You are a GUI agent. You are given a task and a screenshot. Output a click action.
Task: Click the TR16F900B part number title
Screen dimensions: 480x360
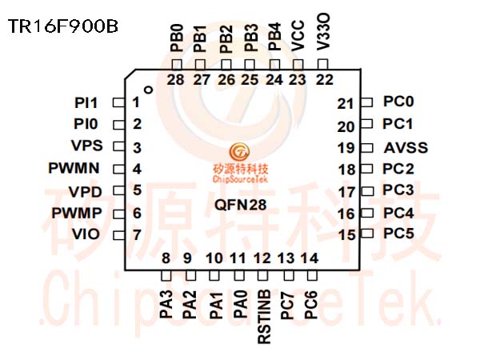coord(62,26)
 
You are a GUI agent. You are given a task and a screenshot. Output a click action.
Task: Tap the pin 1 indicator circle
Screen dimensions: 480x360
coord(149,90)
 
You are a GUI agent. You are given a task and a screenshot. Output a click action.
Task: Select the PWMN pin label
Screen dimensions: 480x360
coord(74,168)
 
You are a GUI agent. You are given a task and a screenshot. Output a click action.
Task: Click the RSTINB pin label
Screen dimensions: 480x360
coord(265,317)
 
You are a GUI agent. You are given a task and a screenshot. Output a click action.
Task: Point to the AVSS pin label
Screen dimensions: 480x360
coord(406,148)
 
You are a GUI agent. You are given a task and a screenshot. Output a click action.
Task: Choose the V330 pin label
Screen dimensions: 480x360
coord(323,31)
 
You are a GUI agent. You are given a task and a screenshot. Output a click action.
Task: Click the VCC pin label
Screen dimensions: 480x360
coord(298,35)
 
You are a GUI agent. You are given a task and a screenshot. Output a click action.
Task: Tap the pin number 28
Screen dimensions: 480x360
coord(176,80)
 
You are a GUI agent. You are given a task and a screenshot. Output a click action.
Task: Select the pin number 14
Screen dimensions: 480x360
coord(310,258)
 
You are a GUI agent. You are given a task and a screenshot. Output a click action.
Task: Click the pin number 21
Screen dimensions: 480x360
coord(346,104)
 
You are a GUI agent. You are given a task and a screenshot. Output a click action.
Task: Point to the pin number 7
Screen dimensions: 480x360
coord(137,235)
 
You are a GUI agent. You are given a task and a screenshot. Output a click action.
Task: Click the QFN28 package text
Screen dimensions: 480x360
coord(240,205)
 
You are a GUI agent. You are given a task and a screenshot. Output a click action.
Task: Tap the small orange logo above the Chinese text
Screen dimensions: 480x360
coord(240,152)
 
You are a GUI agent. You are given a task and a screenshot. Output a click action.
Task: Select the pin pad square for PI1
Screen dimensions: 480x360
coord(118,102)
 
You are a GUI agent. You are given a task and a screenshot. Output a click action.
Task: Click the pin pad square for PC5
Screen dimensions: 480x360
coord(367,234)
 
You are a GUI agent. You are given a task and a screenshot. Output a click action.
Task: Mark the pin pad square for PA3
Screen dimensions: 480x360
coord(166,276)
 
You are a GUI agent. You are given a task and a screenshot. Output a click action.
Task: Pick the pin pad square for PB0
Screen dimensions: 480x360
coord(177,65)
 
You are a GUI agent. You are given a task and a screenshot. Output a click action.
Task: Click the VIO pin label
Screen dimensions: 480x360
coord(86,234)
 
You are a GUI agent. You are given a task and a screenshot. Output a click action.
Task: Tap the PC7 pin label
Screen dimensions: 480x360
coord(287,306)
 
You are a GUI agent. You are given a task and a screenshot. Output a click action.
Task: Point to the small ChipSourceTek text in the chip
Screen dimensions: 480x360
coord(240,178)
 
